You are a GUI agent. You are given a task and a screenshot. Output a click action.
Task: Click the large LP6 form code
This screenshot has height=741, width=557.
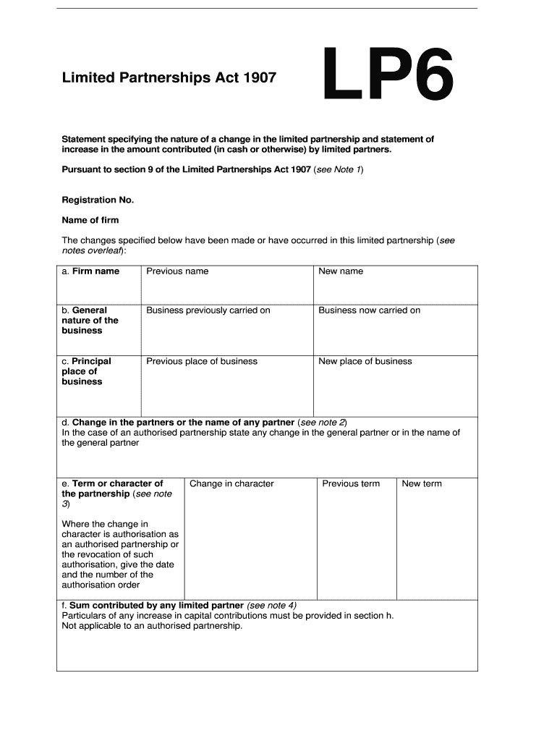pyautogui.click(x=388, y=74)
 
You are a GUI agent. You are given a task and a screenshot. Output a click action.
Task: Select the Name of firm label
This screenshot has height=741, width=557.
pyautogui.click(x=90, y=220)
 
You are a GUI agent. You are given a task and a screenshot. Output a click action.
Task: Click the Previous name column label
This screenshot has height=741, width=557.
pyautogui.click(x=177, y=271)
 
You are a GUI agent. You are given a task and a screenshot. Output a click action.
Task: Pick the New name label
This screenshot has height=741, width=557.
pyautogui.click(x=341, y=271)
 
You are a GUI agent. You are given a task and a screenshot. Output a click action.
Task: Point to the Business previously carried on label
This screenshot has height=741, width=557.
pyautogui.click(x=208, y=310)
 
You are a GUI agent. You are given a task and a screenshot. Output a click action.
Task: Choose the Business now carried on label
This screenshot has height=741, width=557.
pyautogui.click(x=369, y=310)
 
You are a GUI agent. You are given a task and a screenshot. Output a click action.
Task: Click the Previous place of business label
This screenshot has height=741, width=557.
pyautogui.click(x=202, y=361)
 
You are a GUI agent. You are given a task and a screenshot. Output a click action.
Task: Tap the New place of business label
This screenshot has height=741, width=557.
pyautogui.click(x=365, y=361)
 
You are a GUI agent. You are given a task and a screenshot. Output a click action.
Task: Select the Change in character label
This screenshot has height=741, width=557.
pyautogui.click(x=231, y=483)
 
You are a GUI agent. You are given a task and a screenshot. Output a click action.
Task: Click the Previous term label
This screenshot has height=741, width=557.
pyautogui.click(x=351, y=483)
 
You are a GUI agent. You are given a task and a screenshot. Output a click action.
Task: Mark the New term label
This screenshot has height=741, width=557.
pyautogui.click(x=422, y=483)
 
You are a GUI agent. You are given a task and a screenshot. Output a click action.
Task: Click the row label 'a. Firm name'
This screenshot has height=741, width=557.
pyautogui.click(x=90, y=271)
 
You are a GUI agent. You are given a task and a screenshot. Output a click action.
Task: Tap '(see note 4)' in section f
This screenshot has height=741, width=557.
pyautogui.click(x=272, y=606)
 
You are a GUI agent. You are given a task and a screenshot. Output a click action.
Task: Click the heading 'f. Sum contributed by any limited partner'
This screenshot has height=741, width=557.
pyautogui.click(x=153, y=606)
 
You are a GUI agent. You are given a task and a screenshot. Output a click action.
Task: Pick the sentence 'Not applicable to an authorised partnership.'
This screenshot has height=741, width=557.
pyautogui.click(x=152, y=626)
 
